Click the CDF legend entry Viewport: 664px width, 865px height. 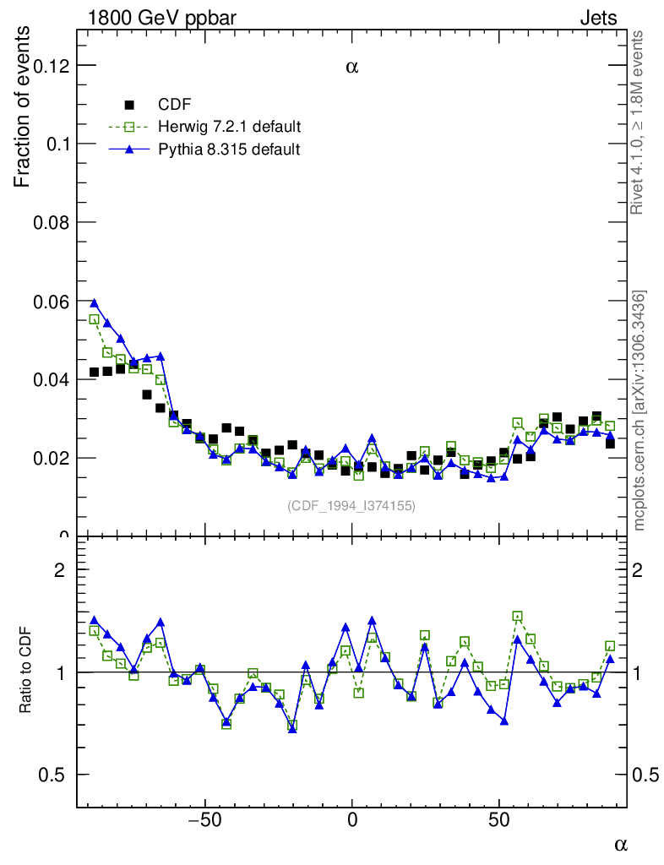[x=175, y=105]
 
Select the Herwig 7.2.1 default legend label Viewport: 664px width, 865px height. [x=230, y=127]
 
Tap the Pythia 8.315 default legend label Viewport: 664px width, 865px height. [x=229, y=149]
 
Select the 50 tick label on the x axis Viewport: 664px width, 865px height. [x=499, y=819]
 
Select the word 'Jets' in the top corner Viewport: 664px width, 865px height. [x=598, y=18]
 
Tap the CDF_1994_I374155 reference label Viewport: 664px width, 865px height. [x=351, y=505]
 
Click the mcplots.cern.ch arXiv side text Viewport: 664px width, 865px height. [x=640, y=411]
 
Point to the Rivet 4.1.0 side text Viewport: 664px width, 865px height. [x=640, y=122]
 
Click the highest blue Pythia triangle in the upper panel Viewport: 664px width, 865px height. [x=94, y=302]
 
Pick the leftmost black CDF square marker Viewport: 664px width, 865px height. [x=94, y=373]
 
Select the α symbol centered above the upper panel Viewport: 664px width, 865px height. [x=352, y=68]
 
